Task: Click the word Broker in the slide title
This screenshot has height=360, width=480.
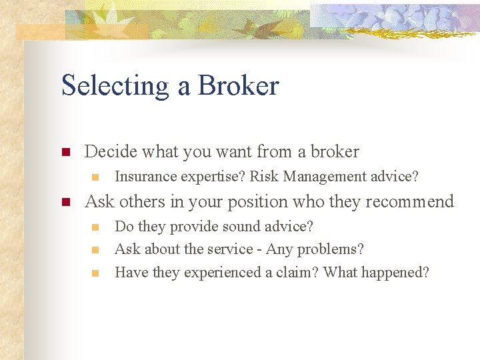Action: [239, 85]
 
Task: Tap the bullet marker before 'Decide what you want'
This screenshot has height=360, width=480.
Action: [65, 153]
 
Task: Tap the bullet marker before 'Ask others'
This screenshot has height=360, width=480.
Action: [65, 202]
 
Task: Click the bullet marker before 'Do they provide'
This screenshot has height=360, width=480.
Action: [95, 227]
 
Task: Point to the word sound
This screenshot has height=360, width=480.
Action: [237, 227]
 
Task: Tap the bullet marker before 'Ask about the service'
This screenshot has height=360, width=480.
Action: [95, 250]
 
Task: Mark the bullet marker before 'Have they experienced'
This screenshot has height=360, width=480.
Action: [95, 273]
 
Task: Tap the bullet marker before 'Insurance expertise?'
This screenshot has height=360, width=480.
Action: [95, 177]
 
